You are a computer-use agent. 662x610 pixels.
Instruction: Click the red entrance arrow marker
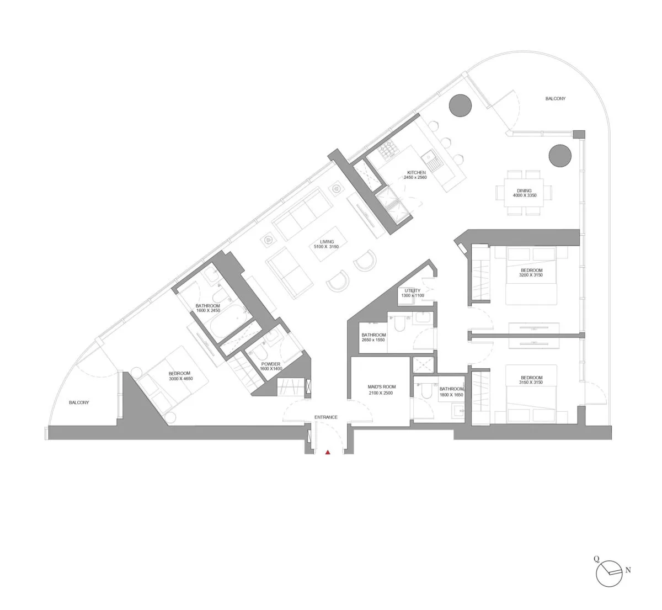click(328, 452)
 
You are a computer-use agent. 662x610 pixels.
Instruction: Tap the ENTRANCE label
click(325, 417)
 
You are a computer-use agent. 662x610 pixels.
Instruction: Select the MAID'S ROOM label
click(381, 387)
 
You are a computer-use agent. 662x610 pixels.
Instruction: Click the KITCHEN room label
click(416, 172)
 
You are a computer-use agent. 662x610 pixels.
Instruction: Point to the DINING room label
click(524, 190)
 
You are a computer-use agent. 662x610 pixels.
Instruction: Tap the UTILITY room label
click(412, 290)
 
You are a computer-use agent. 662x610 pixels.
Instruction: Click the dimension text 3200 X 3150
click(531, 275)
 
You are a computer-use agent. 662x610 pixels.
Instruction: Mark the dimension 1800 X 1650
click(451, 395)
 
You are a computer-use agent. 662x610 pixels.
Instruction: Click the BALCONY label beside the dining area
click(555, 99)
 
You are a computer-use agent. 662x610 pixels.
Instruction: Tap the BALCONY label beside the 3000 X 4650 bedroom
click(79, 402)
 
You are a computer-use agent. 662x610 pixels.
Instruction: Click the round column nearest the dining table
click(559, 155)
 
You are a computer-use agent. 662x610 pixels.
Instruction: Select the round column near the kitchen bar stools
click(459, 105)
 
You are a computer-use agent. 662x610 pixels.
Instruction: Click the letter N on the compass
click(627, 570)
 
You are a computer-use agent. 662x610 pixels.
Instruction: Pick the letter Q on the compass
click(596, 558)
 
